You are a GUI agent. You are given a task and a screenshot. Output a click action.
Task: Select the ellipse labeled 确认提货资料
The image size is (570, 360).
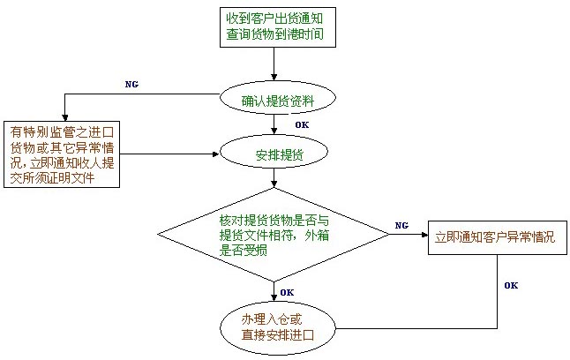(277, 101)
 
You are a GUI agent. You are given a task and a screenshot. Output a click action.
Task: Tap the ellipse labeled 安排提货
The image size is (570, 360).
(276, 154)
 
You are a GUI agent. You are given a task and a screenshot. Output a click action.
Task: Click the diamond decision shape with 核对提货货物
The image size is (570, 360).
(274, 234)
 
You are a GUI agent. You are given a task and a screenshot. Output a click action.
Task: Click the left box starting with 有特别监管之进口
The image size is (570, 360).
(62, 153)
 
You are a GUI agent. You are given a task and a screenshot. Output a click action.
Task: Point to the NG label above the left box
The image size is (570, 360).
(131, 84)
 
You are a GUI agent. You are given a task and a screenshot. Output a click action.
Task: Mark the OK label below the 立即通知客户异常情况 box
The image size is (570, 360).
(511, 285)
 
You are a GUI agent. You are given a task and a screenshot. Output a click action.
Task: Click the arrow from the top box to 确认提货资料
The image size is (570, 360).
(275, 64)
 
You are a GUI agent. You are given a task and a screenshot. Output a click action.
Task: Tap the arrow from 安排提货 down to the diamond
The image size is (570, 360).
(275, 178)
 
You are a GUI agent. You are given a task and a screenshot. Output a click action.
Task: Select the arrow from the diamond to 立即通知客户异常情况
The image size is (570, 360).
(408, 235)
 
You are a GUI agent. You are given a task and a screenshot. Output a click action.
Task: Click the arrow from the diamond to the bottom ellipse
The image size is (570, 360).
(275, 291)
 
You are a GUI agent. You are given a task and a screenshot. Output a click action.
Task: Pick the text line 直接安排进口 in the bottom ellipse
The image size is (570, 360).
(277, 335)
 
